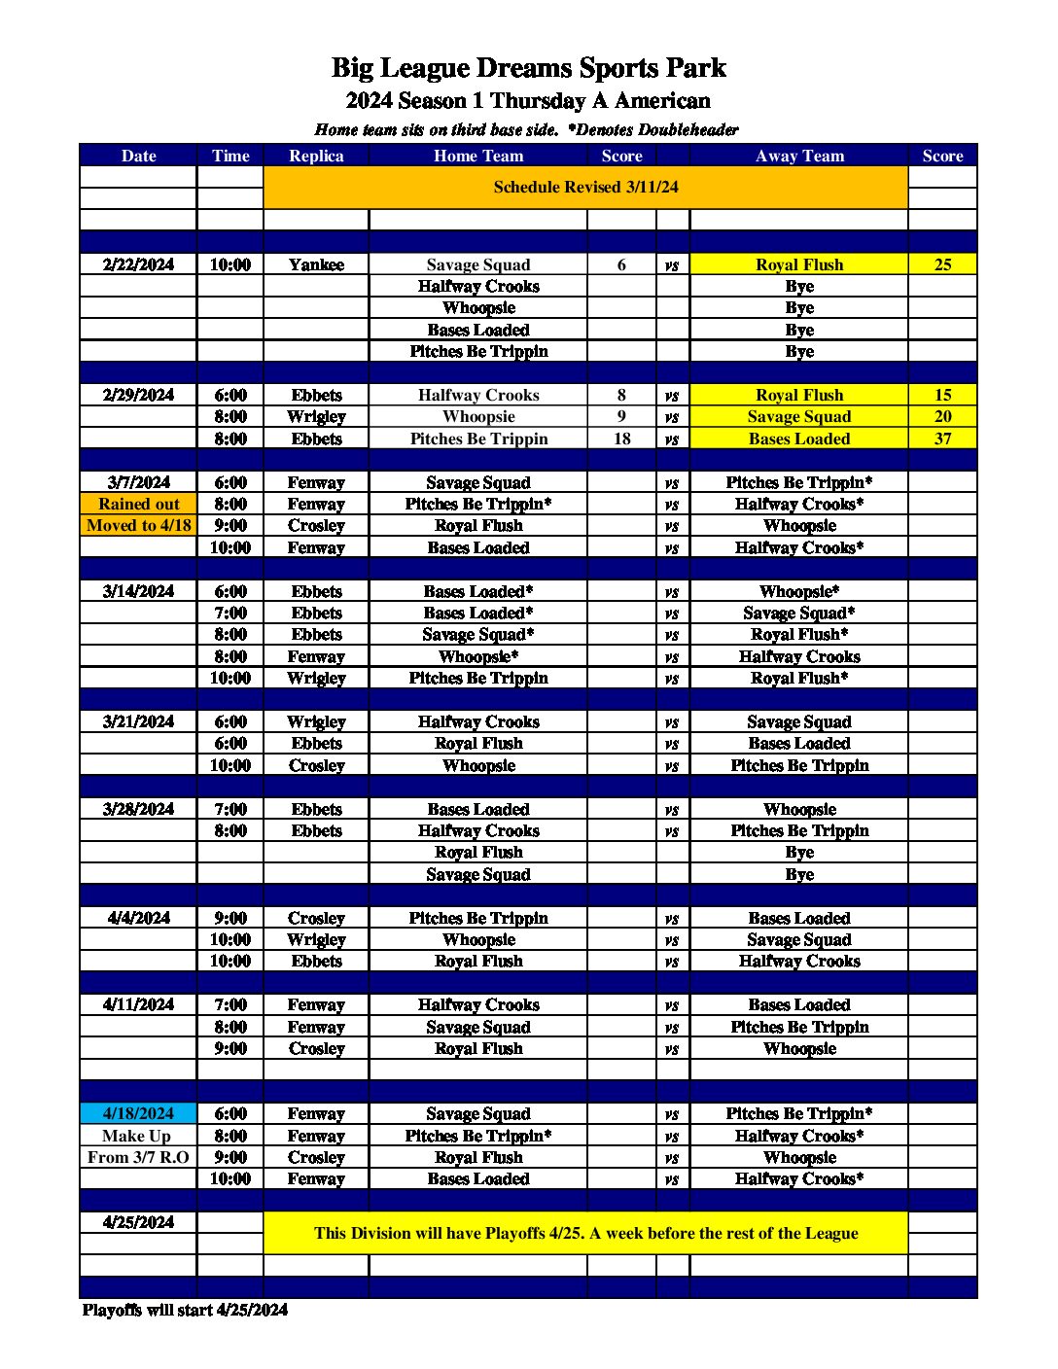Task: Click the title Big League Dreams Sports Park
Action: [528, 68]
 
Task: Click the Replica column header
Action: [316, 156]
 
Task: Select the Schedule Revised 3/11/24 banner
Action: [585, 187]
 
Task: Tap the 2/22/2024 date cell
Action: [138, 264]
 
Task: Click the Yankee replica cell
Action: [316, 264]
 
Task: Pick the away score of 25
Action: [942, 264]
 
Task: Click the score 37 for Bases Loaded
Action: [942, 439]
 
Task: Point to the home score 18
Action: [621, 439]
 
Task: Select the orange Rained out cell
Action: [138, 504]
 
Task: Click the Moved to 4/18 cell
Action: [138, 525]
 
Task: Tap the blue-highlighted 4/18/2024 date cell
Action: [138, 1113]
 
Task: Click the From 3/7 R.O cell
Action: [138, 1157]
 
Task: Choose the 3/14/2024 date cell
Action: [138, 591]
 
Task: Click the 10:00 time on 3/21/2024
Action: [230, 765]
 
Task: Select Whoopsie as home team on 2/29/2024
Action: [478, 416]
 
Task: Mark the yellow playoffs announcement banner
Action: [585, 1233]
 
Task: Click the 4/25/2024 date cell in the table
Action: [138, 1222]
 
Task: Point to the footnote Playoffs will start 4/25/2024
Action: [185, 1310]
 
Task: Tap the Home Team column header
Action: [478, 156]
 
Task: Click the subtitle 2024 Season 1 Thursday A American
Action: [528, 101]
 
